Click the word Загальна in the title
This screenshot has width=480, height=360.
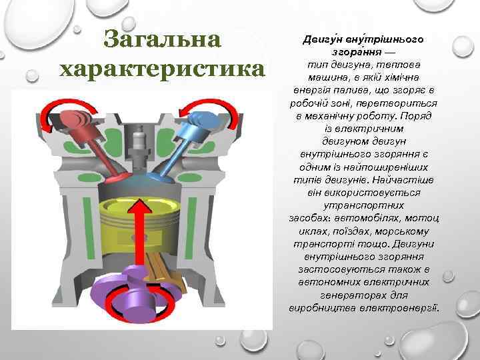pyautogui.click(x=163, y=39)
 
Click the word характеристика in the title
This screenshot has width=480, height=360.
pyautogui.click(x=163, y=69)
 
